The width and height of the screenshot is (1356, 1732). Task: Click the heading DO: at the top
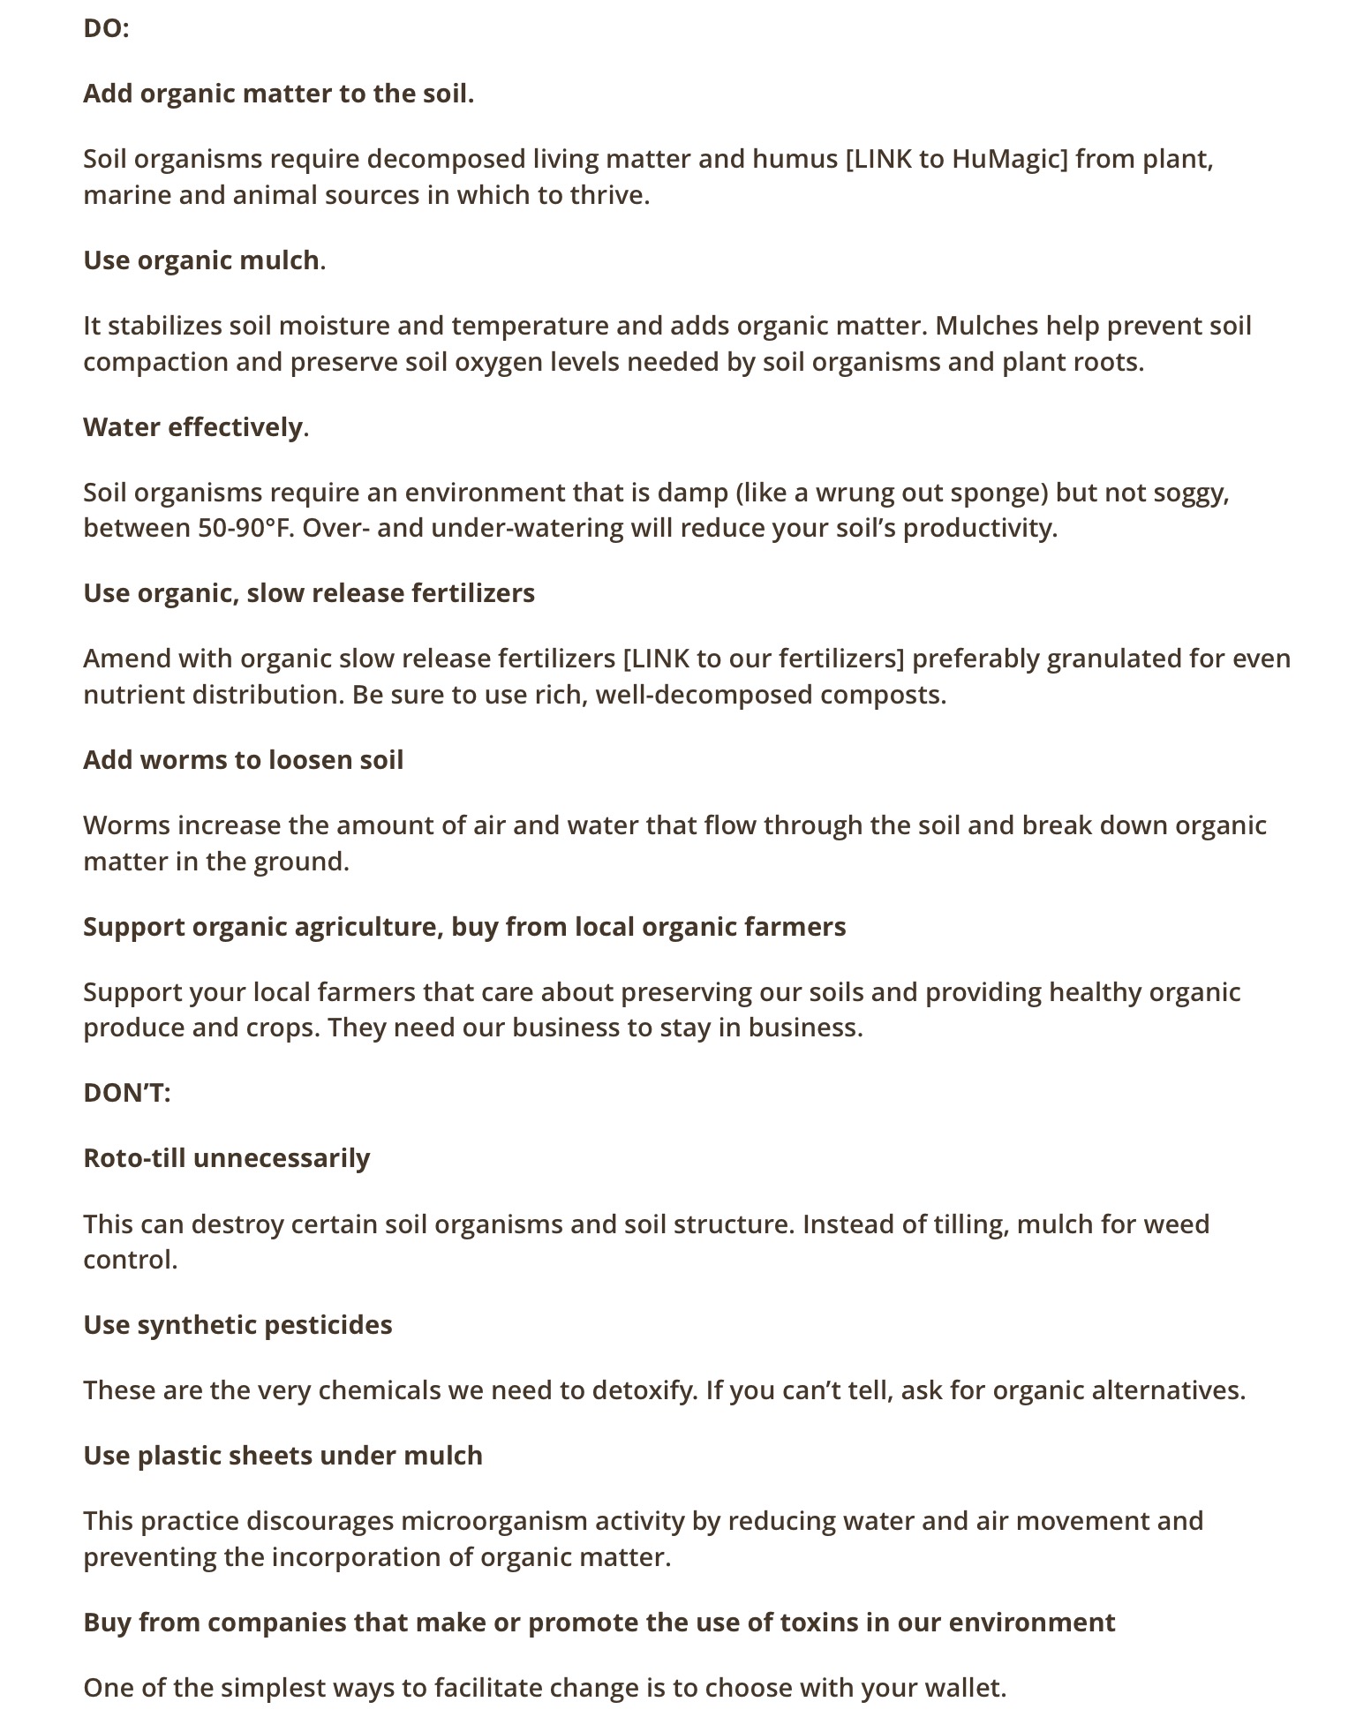pos(106,29)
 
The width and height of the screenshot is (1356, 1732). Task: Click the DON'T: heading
pos(126,1093)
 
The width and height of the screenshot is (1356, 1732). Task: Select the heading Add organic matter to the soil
pos(278,94)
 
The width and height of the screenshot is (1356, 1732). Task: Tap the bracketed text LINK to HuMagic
pos(956,159)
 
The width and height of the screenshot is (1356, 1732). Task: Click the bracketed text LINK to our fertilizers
pos(763,659)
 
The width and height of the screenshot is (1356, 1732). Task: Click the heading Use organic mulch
pos(204,260)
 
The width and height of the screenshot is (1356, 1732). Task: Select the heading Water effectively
pos(195,427)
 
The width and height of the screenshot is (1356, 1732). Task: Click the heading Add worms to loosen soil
pos(243,760)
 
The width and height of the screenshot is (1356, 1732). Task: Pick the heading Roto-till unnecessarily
pos(226,1158)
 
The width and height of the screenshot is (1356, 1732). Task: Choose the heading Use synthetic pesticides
pos(237,1325)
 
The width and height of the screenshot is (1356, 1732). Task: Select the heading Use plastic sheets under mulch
pos(282,1456)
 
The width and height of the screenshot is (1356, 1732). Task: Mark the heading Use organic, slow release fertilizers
pos(309,593)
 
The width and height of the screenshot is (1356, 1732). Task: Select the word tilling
pos(968,1224)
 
